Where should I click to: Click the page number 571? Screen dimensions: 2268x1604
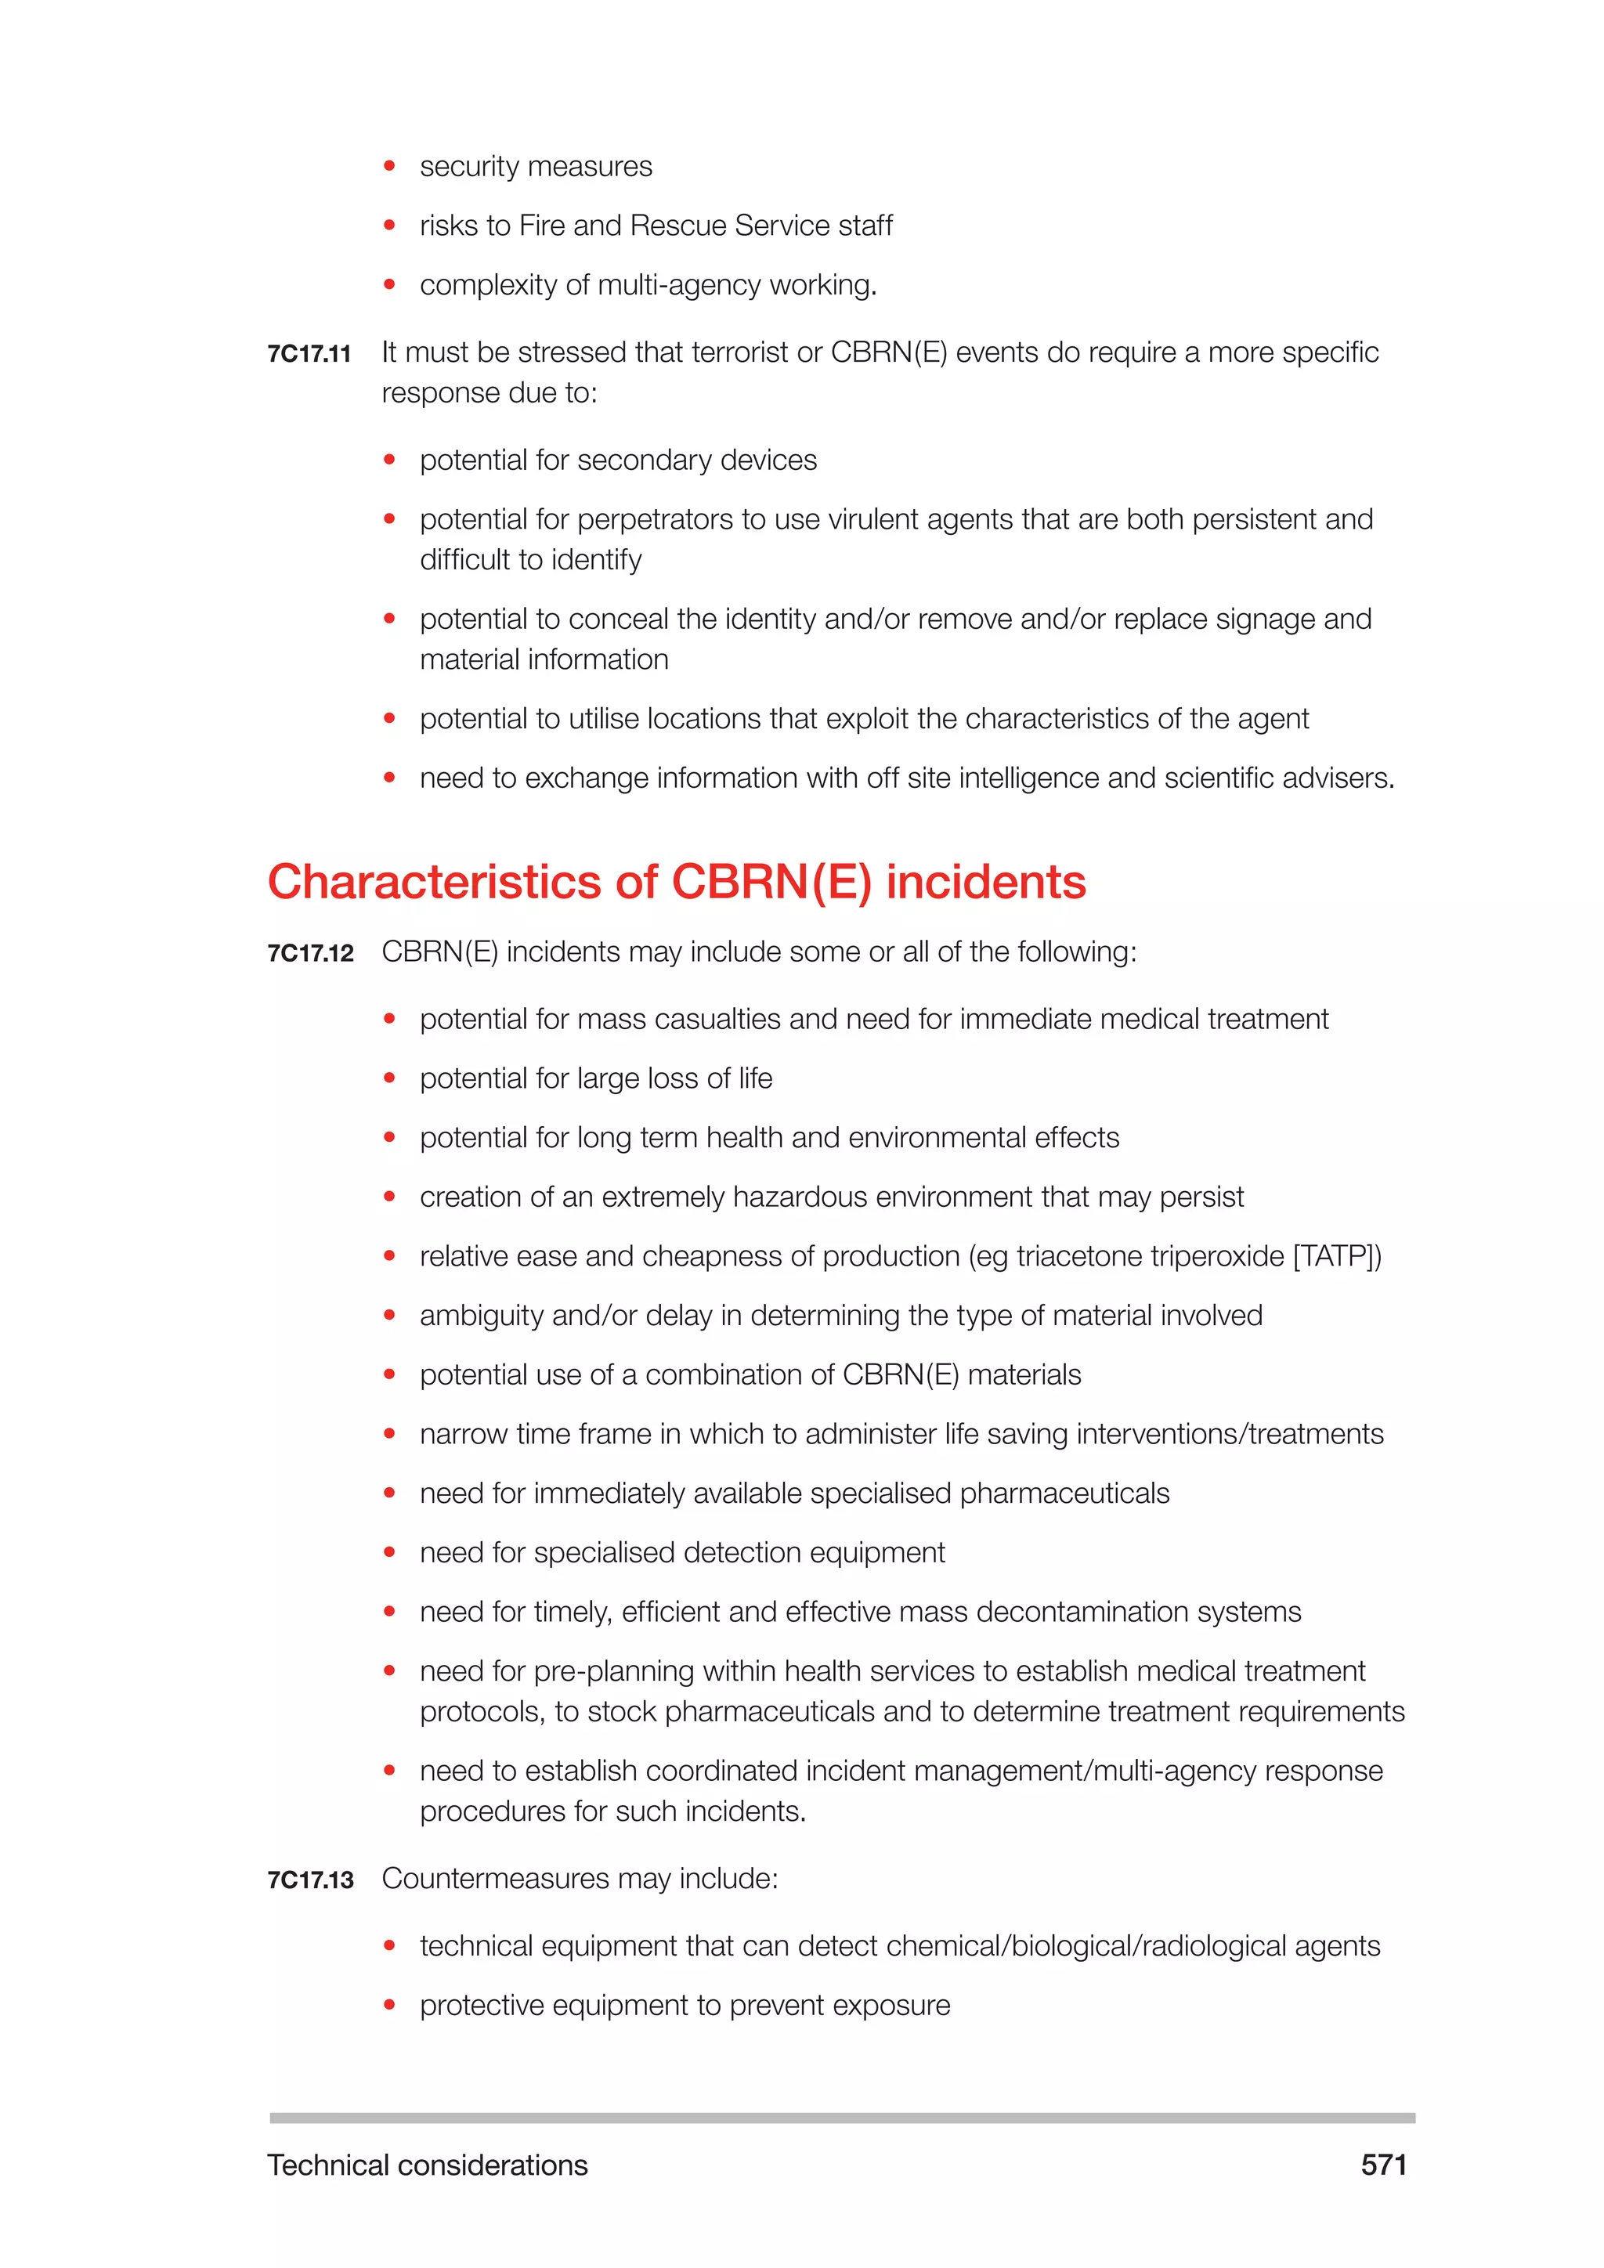(1383, 2165)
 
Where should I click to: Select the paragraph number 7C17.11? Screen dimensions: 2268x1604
(309, 354)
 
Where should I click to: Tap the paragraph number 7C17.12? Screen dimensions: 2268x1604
(310, 953)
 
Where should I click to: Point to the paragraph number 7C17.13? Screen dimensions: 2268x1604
(310, 1880)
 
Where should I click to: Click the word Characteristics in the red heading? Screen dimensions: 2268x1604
(435, 882)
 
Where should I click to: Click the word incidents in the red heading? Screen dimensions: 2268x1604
(986, 882)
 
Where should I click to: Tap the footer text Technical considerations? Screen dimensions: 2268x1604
(427, 2165)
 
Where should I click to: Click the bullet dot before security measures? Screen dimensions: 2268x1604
(389, 166)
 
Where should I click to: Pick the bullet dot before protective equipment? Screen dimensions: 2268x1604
(389, 2005)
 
